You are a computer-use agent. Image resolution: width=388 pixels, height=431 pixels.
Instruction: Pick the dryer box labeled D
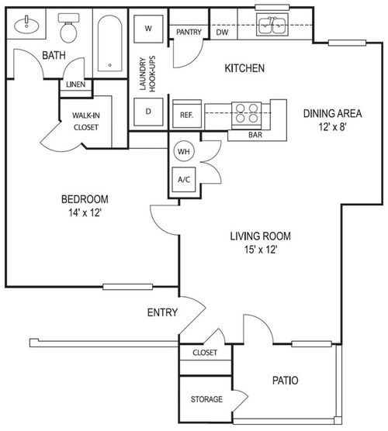click(148, 112)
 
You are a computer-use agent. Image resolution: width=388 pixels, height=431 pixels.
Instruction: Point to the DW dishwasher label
click(222, 33)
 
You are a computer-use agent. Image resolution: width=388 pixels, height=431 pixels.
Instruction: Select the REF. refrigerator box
click(186, 114)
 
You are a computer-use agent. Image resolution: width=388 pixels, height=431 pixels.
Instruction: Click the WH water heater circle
click(184, 150)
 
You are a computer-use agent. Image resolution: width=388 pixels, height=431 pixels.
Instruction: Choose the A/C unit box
click(184, 178)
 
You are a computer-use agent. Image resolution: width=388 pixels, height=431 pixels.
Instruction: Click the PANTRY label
click(189, 32)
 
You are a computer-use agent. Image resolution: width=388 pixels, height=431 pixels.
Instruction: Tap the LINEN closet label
click(75, 84)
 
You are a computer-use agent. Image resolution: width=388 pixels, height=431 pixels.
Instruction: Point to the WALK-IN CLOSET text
click(85, 122)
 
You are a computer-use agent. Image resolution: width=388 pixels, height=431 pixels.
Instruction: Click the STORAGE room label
click(207, 399)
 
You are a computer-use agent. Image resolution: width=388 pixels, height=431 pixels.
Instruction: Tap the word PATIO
click(287, 381)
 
